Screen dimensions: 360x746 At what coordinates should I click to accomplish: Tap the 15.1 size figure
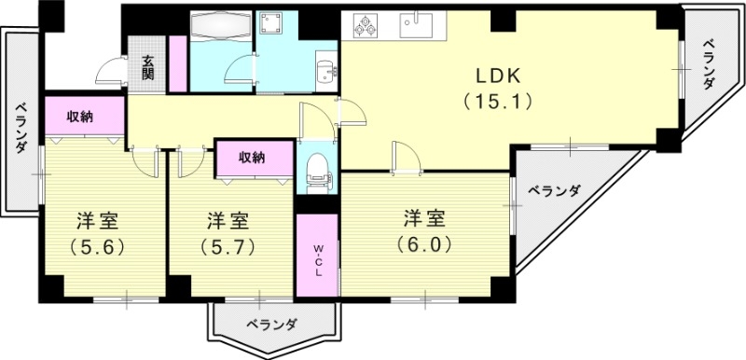coord(497,102)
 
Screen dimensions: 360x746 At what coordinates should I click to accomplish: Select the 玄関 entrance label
coord(148,67)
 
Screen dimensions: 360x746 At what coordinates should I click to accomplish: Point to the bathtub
coord(219,25)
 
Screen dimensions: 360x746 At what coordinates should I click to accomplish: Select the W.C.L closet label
coord(318,256)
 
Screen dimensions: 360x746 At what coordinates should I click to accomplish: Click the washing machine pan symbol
coord(275,24)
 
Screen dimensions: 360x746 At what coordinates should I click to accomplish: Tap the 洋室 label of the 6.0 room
coord(424,219)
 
